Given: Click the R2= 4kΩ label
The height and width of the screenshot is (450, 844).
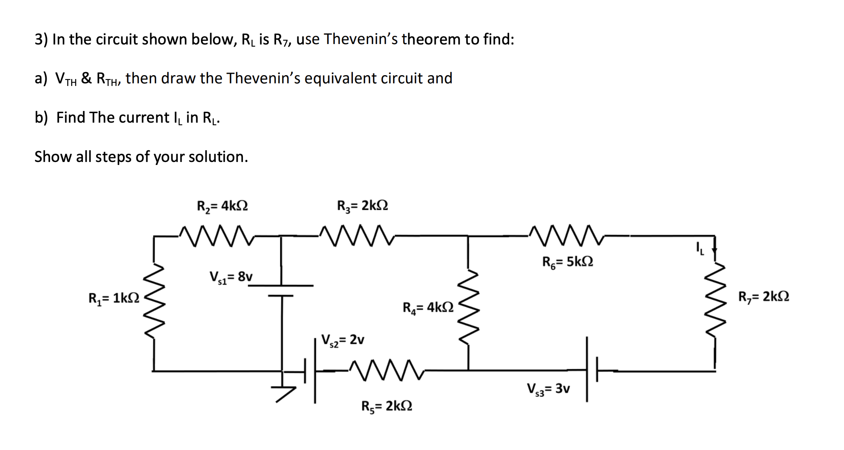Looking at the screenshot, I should pyautogui.click(x=222, y=206).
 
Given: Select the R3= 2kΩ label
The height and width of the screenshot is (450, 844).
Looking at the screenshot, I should pyautogui.click(x=362, y=206).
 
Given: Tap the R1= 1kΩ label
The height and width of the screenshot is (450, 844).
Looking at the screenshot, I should pyautogui.click(x=114, y=298).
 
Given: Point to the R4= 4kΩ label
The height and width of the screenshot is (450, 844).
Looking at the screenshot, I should pyautogui.click(x=428, y=307).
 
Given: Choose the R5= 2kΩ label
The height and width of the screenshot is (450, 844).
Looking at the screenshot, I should pyautogui.click(x=387, y=406).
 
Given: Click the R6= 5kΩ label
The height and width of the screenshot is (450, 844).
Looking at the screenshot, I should pyautogui.click(x=567, y=262).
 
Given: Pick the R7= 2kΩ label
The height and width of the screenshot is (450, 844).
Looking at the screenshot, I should pyautogui.click(x=764, y=297).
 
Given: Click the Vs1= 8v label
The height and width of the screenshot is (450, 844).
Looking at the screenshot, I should pyautogui.click(x=231, y=276).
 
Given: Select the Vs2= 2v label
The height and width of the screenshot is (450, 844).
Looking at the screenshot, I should pyautogui.click(x=343, y=340).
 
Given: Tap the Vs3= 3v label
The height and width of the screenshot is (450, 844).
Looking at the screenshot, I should pyautogui.click(x=548, y=389).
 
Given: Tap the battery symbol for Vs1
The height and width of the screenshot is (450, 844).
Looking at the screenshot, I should pyautogui.click(x=281, y=291).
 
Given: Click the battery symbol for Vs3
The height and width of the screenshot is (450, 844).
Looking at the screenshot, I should pyautogui.click(x=592, y=370).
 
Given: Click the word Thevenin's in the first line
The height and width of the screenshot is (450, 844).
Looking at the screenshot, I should pyautogui.click(x=362, y=39).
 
